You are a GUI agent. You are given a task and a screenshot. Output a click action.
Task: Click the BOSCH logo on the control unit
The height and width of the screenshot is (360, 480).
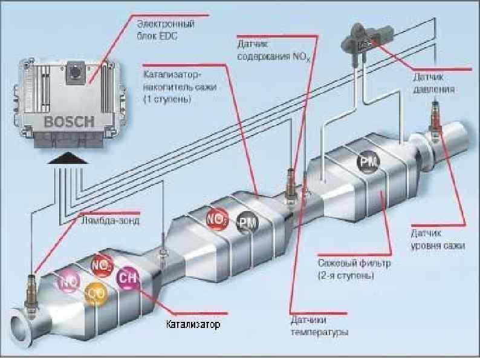pos(68,120)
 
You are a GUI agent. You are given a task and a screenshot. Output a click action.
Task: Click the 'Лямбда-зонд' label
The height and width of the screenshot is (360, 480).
pos(110,221)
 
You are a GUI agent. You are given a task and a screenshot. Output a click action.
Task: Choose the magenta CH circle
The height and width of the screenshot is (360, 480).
pos(128,279)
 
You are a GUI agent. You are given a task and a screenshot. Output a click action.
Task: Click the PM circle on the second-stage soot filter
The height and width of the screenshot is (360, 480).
pos(367,162)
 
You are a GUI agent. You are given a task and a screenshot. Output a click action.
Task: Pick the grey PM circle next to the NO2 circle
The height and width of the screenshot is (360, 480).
pos(247,223)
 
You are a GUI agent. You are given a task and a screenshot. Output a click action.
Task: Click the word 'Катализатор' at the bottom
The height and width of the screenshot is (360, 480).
pos(193,325)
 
